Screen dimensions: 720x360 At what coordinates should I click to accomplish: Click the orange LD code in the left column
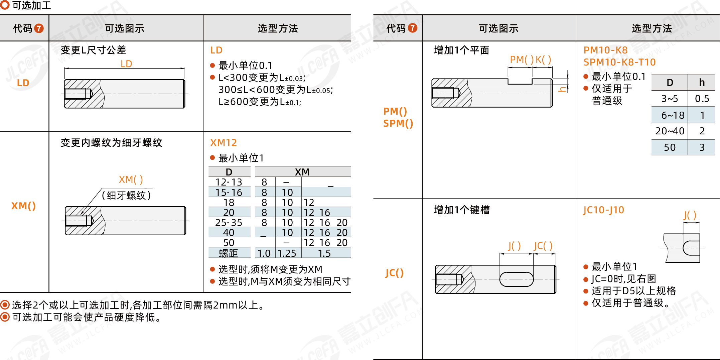pyautogui.click(x=23, y=83)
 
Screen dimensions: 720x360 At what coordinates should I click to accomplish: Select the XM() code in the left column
pyautogui.click(x=23, y=206)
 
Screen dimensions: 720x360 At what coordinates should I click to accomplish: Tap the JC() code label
pyautogui.click(x=394, y=273)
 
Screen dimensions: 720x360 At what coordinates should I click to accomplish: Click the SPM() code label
pyautogui.click(x=398, y=123)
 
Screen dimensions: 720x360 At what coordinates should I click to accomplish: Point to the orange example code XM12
pyautogui.click(x=224, y=143)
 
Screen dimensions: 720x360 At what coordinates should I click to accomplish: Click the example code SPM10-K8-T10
pyautogui.click(x=619, y=62)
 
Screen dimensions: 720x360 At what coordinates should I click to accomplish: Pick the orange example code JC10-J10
pyautogui.click(x=603, y=210)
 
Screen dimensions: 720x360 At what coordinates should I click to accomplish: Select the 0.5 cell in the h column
pyautogui.click(x=702, y=99)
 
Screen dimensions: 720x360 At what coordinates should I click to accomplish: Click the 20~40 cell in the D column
pyautogui.click(x=670, y=131)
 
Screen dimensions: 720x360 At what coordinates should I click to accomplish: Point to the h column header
pyautogui.click(x=702, y=82)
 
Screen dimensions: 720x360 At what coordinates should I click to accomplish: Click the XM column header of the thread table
pyautogui.click(x=302, y=172)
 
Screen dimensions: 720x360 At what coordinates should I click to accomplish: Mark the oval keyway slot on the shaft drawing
pyautogui.click(x=517, y=279)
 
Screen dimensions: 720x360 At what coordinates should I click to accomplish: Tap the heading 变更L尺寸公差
pyautogui.click(x=93, y=50)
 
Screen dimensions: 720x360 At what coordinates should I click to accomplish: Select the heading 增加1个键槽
pyautogui.click(x=462, y=210)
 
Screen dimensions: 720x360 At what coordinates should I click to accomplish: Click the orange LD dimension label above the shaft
pyautogui.click(x=126, y=64)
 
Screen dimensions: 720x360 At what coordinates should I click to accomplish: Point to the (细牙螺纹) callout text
pyautogui.click(x=126, y=195)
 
